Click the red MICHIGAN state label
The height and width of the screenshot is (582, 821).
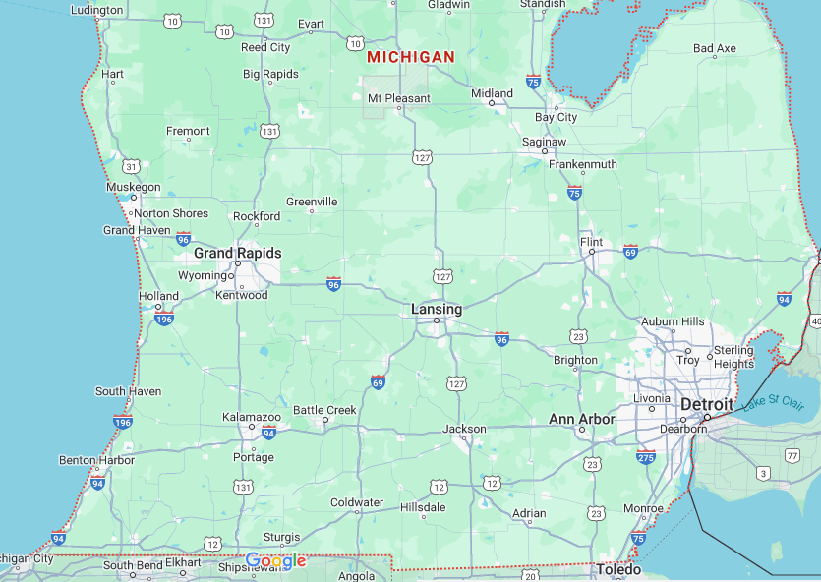(x=411, y=57)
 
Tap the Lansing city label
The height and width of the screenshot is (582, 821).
(x=436, y=309)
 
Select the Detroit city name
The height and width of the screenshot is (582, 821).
(x=707, y=405)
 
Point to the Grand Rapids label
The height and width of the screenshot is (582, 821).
(x=237, y=253)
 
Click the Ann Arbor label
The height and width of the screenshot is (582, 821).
(x=581, y=419)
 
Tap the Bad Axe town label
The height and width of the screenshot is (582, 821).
(x=714, y=48)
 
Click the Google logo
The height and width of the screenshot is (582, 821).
(x=275, y=561)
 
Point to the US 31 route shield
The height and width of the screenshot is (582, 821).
(x=131, y=167)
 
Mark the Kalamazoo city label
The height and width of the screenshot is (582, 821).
(x=251, y=417)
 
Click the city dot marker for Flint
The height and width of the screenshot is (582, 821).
(x=592, y=252)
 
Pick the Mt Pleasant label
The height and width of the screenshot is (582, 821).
(x=398, y=98)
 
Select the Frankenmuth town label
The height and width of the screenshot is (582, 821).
(x=582, y=164)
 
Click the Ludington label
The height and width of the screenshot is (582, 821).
(x=97, y=10)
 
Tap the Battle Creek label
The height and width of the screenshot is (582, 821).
(x=324, y=410)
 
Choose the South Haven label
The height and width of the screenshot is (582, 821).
(x=128, y=391)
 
